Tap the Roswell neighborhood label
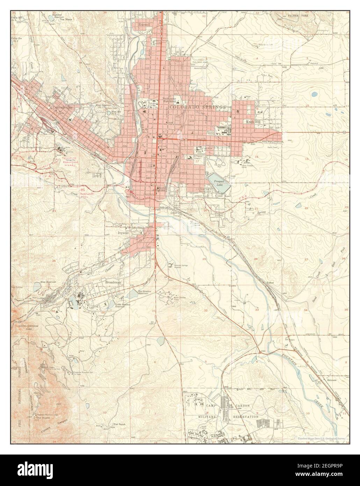coord(144,25)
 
